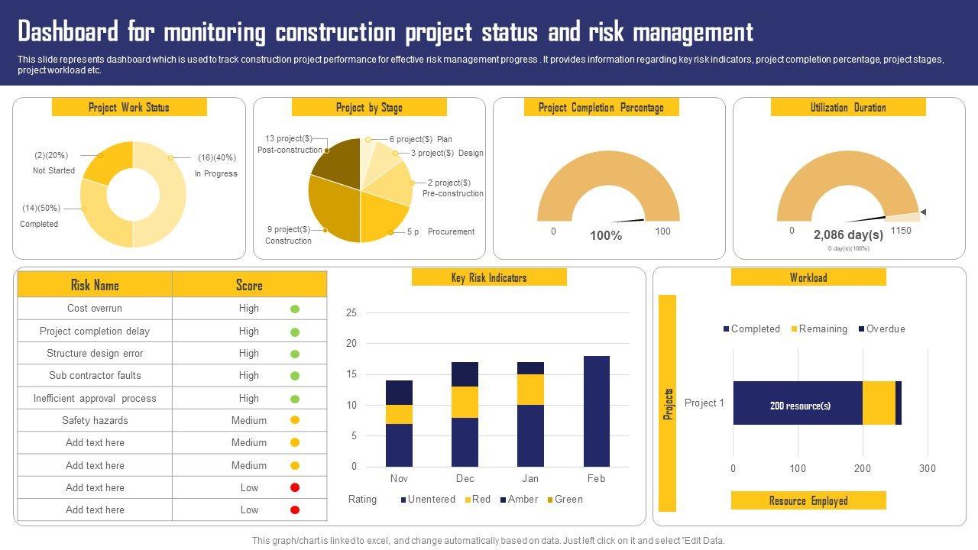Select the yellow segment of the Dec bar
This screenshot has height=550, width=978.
[465, 402]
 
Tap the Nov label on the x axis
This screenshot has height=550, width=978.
[399, 479]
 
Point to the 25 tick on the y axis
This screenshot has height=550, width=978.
[351, 312]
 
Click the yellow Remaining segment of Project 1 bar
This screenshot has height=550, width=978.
[879, 403]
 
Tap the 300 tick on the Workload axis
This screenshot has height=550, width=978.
[928, 468]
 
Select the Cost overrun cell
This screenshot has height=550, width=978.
[95, 309]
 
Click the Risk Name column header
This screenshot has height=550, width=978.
[95, 285]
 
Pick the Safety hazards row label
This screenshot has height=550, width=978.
[95, 420]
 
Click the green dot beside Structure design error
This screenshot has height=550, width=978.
[295, 354]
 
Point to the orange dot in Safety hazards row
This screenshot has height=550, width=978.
[295, 420]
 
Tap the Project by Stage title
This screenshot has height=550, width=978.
[369, 108]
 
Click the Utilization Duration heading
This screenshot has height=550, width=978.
[848, 108]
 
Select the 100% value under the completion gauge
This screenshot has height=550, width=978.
[606, 236]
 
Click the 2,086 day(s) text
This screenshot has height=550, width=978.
[848, 235]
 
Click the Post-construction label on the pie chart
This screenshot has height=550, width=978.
[290, 150]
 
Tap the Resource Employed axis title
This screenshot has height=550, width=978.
[808, 501]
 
